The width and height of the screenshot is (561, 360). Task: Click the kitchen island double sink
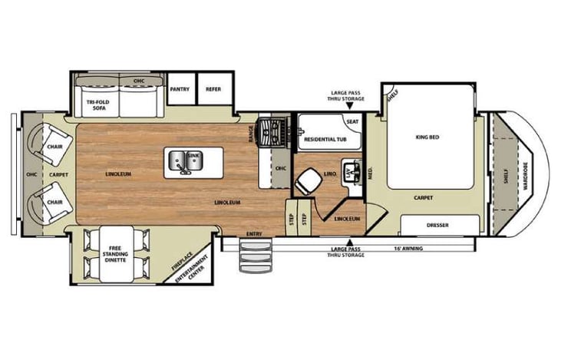click(x=184, y=161)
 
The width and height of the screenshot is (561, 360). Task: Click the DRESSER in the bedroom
click(x=438, y=225)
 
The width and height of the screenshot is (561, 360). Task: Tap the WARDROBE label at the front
click(x=526, y=176)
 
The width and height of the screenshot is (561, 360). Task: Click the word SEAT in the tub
click(x=351, y=121)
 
